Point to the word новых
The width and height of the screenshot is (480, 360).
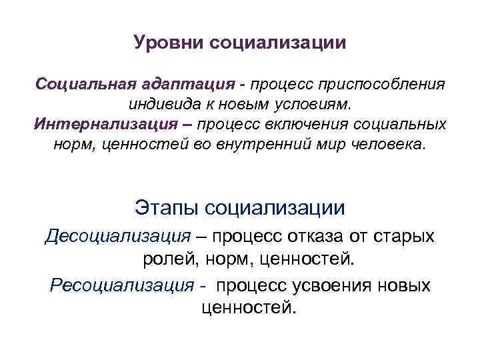click(407, 286)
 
